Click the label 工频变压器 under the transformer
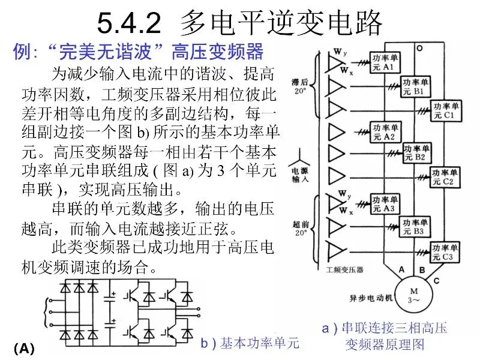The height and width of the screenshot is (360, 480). point(345,270)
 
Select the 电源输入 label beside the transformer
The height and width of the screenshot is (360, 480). point(299,172)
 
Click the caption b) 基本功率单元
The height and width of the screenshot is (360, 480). point(250,343)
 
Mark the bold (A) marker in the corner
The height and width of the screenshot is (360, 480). point(24,349)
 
